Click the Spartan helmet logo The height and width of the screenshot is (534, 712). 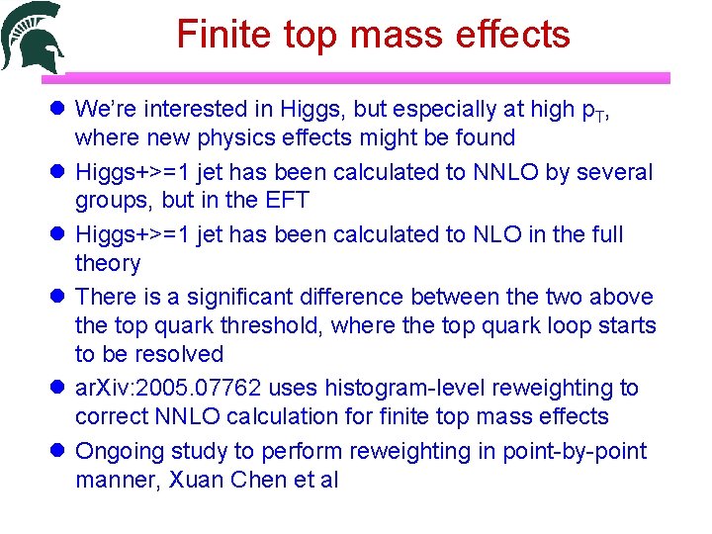(x=34, y=38)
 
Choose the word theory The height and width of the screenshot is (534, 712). (x=108, y=263)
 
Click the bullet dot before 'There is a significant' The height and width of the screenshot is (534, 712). (x=55, y=297)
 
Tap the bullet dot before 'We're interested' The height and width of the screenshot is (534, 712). (x=55, y=108)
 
